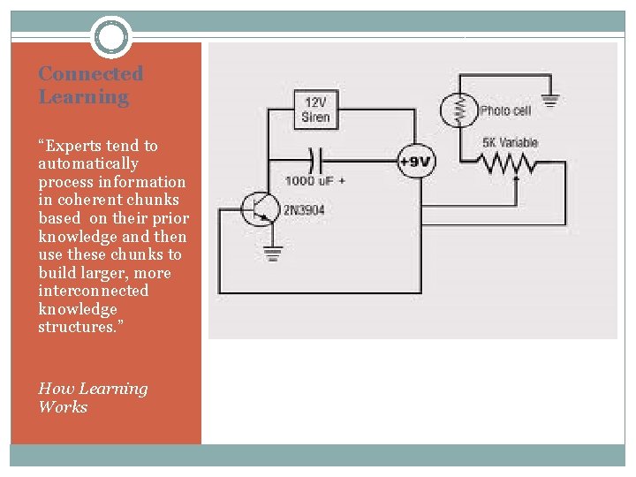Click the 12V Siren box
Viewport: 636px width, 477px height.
click(x=315, y=109)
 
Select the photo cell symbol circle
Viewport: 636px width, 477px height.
click(x=458, y=110)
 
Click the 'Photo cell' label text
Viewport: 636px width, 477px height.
click(x=505, y=111)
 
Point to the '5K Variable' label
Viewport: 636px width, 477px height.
click(x=510, y=143)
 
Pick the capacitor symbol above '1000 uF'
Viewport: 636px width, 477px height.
click(x=311, y=161)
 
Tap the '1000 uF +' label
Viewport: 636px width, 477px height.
click(x=314, y=181)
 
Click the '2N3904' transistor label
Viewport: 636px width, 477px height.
click(x=305, y=211)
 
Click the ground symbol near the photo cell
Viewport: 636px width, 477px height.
click(x=550, y=101)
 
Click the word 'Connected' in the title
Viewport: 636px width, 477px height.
click(x=90, y=74)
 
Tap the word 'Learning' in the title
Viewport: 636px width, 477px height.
click(x=83, y=97)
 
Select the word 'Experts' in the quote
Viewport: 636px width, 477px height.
click(x=71, y=146)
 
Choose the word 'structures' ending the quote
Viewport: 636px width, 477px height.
click(x=75, y=327)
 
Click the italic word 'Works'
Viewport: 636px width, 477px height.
click(x=63, y=407)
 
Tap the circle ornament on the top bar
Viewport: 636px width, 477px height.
click(x=111, y=37)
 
